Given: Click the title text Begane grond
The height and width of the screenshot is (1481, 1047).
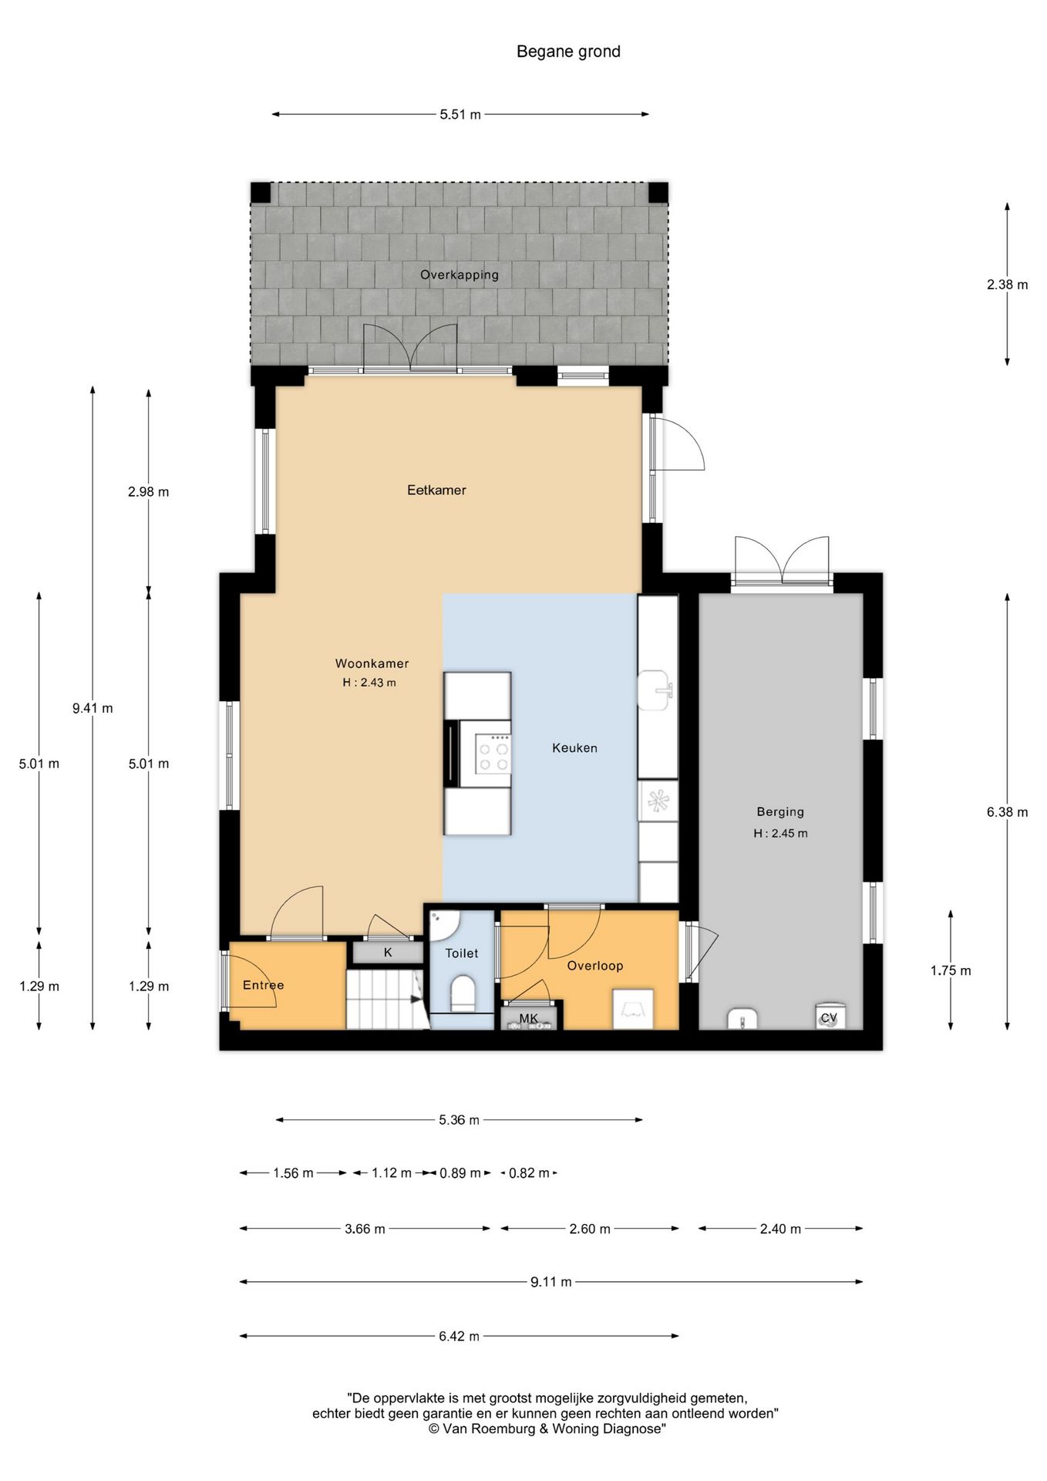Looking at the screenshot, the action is (x=568, y=52).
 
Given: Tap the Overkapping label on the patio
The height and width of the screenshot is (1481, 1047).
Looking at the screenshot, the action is (x=460, y=275).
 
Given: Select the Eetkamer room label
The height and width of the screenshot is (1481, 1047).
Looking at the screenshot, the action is (x=436, y=490).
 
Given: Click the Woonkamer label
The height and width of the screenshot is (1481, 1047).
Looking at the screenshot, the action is (x=372, y=663).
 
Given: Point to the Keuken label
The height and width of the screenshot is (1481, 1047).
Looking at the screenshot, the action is (x=574, y=747).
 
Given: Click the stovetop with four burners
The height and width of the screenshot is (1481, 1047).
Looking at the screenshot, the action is (x=493, y=754).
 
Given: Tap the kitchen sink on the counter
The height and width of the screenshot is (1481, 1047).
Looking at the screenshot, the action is (x=656, y=690).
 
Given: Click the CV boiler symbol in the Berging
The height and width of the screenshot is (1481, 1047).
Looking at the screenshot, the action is (x=829, y=1017).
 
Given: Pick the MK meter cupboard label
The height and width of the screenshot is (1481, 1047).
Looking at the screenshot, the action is (x=528, y=1019).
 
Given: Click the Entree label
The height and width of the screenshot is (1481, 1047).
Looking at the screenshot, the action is (x=263, y=985).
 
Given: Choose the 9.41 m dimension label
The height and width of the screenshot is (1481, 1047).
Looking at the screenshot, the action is (x=93, y=708).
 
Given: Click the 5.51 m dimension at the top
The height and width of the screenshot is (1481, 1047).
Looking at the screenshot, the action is (x=460, y=115).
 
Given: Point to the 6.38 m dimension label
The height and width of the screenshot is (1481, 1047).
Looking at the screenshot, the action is (x=1007, y=811).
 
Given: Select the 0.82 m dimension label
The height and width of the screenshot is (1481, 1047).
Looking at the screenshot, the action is (x=530, y=1173).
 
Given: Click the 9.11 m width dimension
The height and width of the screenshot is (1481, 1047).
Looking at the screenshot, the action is (x=551, y=1282).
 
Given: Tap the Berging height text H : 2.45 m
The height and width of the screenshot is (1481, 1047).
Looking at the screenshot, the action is (x=780, y=833).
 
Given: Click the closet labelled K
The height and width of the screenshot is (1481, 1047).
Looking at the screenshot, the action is (x=388, y=953).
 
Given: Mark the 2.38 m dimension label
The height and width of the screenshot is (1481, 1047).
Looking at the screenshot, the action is (x=1007, y=285).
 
